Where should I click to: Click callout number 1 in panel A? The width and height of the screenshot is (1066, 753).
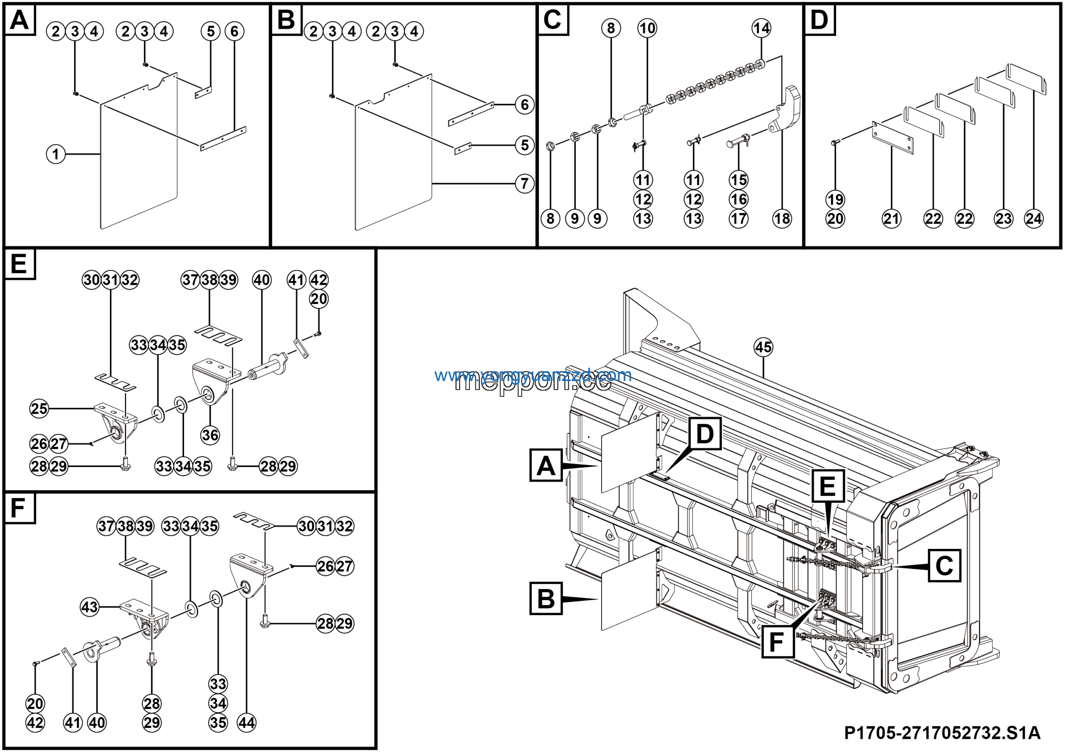coord(56,154)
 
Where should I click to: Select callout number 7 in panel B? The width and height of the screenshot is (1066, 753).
coord(524,184)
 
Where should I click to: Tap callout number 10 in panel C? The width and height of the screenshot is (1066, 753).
coord(647,28)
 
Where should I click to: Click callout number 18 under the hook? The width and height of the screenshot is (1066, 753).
coord(782,219)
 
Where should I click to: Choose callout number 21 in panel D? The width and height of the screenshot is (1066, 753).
coord(892,219)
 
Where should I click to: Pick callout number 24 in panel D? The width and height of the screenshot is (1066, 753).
coord(1034,219)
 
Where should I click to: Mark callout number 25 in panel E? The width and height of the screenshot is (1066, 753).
coord(39,409)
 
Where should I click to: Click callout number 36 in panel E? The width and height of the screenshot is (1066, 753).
coord(210,436)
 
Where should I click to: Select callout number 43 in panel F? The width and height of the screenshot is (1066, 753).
coord(90,607)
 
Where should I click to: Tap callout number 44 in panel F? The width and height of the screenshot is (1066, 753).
coord(247,723)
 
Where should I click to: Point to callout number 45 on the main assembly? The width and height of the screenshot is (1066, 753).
coord(763,347)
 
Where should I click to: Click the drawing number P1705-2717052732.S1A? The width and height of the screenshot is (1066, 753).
coord(942,733)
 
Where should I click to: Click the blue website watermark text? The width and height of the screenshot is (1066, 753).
coord(533,375)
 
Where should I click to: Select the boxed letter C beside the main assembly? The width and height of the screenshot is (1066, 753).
coord(944,566)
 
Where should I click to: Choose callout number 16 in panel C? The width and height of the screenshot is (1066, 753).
coord(739,199)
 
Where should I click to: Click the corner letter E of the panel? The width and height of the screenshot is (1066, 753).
coord(19,264)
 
